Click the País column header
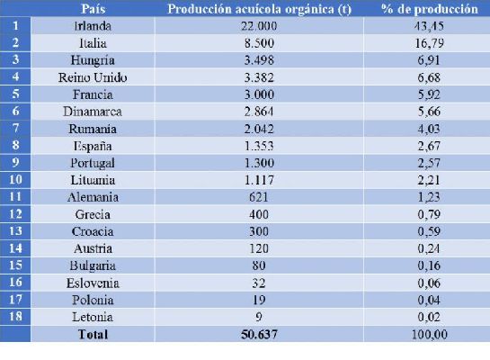[x=94, y=9]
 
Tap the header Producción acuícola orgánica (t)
[x=259, y=9]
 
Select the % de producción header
[x=430, y=9]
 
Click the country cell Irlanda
[x=93, y=26]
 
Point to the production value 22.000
[x=259, y=26]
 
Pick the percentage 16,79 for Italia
[x=430, y=43]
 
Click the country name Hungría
[x=93, y=60]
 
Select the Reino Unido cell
[x=93, y=77]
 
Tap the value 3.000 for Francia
[x=259, y=94]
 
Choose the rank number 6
[x=15, y=111]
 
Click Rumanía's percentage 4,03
[x=430, y=129]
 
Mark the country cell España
[x=93, y=146]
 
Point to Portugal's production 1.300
[x=259, y=163]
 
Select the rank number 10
[x=15, y=179]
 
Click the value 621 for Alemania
[x=259, y=197]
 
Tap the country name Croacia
[x=93, y=231]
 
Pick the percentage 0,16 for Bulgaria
[x=430, y=265]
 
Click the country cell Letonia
[x=93, y=317]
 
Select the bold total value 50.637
[x=259, y=335]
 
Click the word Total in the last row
[x=93, y=335]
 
